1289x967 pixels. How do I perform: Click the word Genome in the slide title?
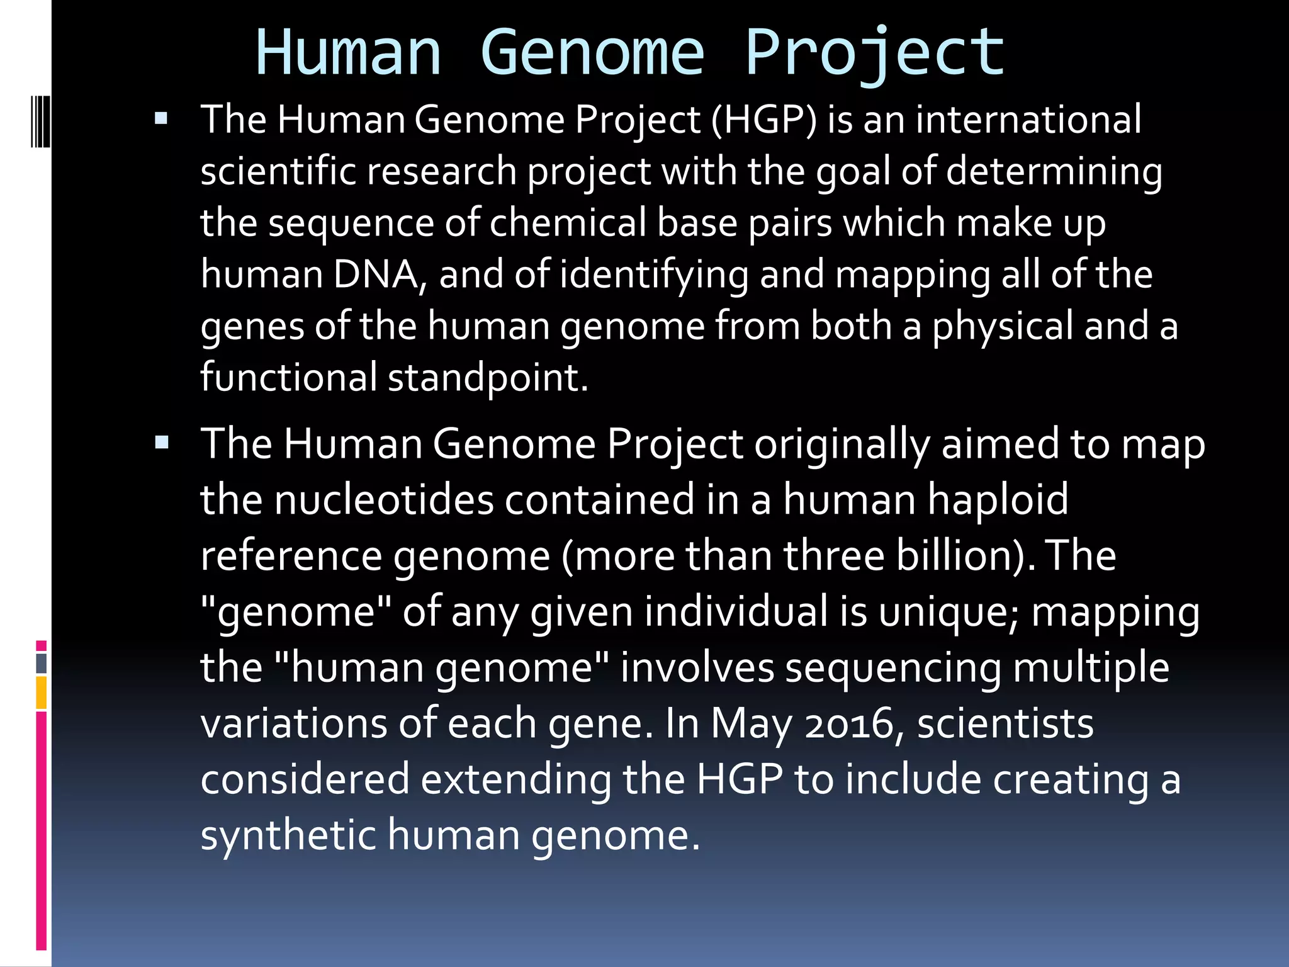pos(592,53)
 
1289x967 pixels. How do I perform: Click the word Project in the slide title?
pos(875,53)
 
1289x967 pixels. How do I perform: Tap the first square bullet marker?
pos(161,118)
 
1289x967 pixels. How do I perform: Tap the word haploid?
pos(998,499)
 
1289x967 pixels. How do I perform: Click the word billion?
pos(964,555)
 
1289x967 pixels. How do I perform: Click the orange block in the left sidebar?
pos(42,693)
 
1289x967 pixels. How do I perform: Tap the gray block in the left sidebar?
pos(42,664)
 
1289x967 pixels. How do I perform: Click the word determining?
pos(1054,171)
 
